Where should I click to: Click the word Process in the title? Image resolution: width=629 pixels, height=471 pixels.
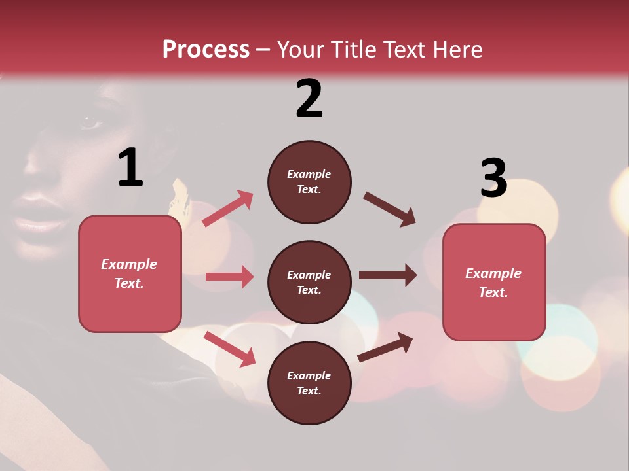pos(206,50)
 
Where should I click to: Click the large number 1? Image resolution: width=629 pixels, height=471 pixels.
pos(130,167)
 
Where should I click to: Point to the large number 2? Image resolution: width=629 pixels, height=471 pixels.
pos(309,99)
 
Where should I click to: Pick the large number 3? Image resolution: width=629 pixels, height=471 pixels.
pos(493,178)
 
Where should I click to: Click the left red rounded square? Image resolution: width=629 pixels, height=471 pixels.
pos(130,273)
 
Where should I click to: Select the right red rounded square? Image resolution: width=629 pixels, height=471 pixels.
pos(494,282)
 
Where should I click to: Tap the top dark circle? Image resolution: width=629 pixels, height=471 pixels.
pos(309,182)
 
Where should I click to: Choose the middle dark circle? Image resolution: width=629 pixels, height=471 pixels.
pos(309,283)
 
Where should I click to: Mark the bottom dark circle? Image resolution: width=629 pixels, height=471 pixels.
pos(309,383)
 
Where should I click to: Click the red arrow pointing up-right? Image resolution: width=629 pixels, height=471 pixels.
pos(228,208)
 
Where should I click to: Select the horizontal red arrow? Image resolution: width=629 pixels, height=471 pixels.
pos(229,277)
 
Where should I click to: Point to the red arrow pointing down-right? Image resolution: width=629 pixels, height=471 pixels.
pos(229,349)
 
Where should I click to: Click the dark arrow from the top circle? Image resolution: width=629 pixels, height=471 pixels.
pos(389,209)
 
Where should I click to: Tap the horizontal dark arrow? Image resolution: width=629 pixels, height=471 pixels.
pos(387,275)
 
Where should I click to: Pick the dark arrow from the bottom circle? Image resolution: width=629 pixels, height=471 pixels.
pos(385,347)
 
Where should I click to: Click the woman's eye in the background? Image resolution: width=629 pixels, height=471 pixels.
pos(88,122)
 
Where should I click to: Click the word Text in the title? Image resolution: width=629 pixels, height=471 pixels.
pos(402,50)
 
